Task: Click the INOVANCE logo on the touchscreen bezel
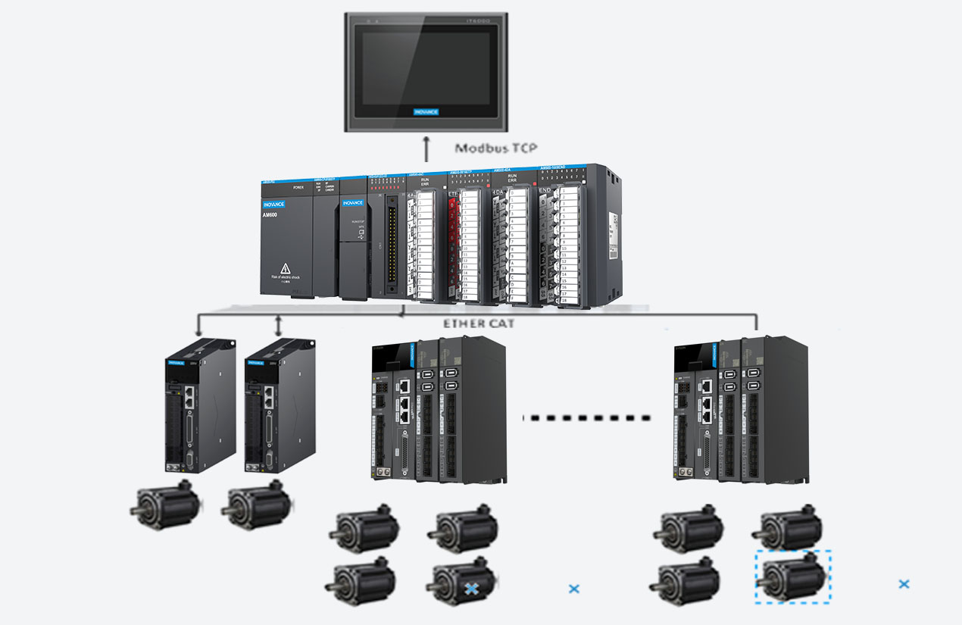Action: (426, 112)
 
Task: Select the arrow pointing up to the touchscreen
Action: (426, 148)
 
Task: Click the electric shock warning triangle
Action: (286, 267)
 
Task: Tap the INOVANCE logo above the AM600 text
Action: (278, 205)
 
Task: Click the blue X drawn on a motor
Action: (471, 588)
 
